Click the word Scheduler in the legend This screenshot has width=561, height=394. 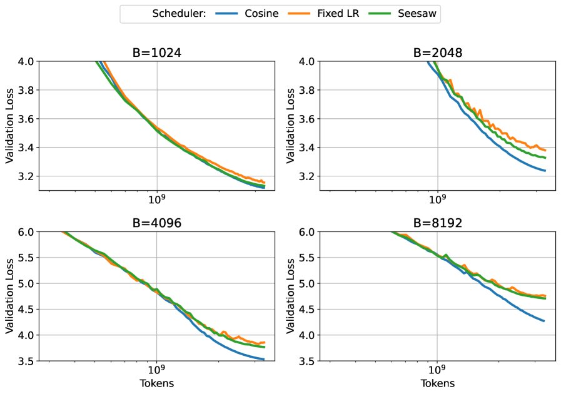pos(179,14)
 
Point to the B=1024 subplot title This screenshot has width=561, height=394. pos(157,53)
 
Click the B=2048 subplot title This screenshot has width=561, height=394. pos(438,53)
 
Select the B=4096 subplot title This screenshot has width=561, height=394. pos(157,224)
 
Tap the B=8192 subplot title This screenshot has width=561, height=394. pos(438,224)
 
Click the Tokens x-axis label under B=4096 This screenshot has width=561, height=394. pos(157,383)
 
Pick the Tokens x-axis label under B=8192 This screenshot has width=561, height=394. pos(438,383)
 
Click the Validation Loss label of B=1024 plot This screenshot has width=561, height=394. pos(9,126)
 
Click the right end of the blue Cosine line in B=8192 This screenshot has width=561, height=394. pos(544,321)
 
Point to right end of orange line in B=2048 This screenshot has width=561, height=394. pos(545,150)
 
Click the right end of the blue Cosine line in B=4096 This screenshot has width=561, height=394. pos(264,360)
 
